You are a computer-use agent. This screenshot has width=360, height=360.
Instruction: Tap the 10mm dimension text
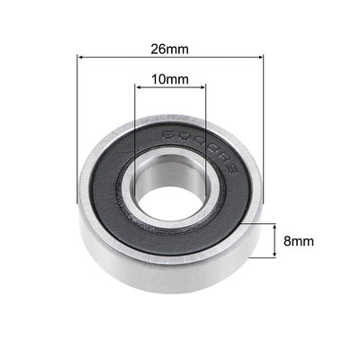point(170,78)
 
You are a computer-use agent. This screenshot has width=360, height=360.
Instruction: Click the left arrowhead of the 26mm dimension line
point(82,58)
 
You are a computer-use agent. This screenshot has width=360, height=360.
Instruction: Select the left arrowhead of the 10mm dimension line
point(139,87)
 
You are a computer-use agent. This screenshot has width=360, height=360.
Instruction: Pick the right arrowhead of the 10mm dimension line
point(203,87)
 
